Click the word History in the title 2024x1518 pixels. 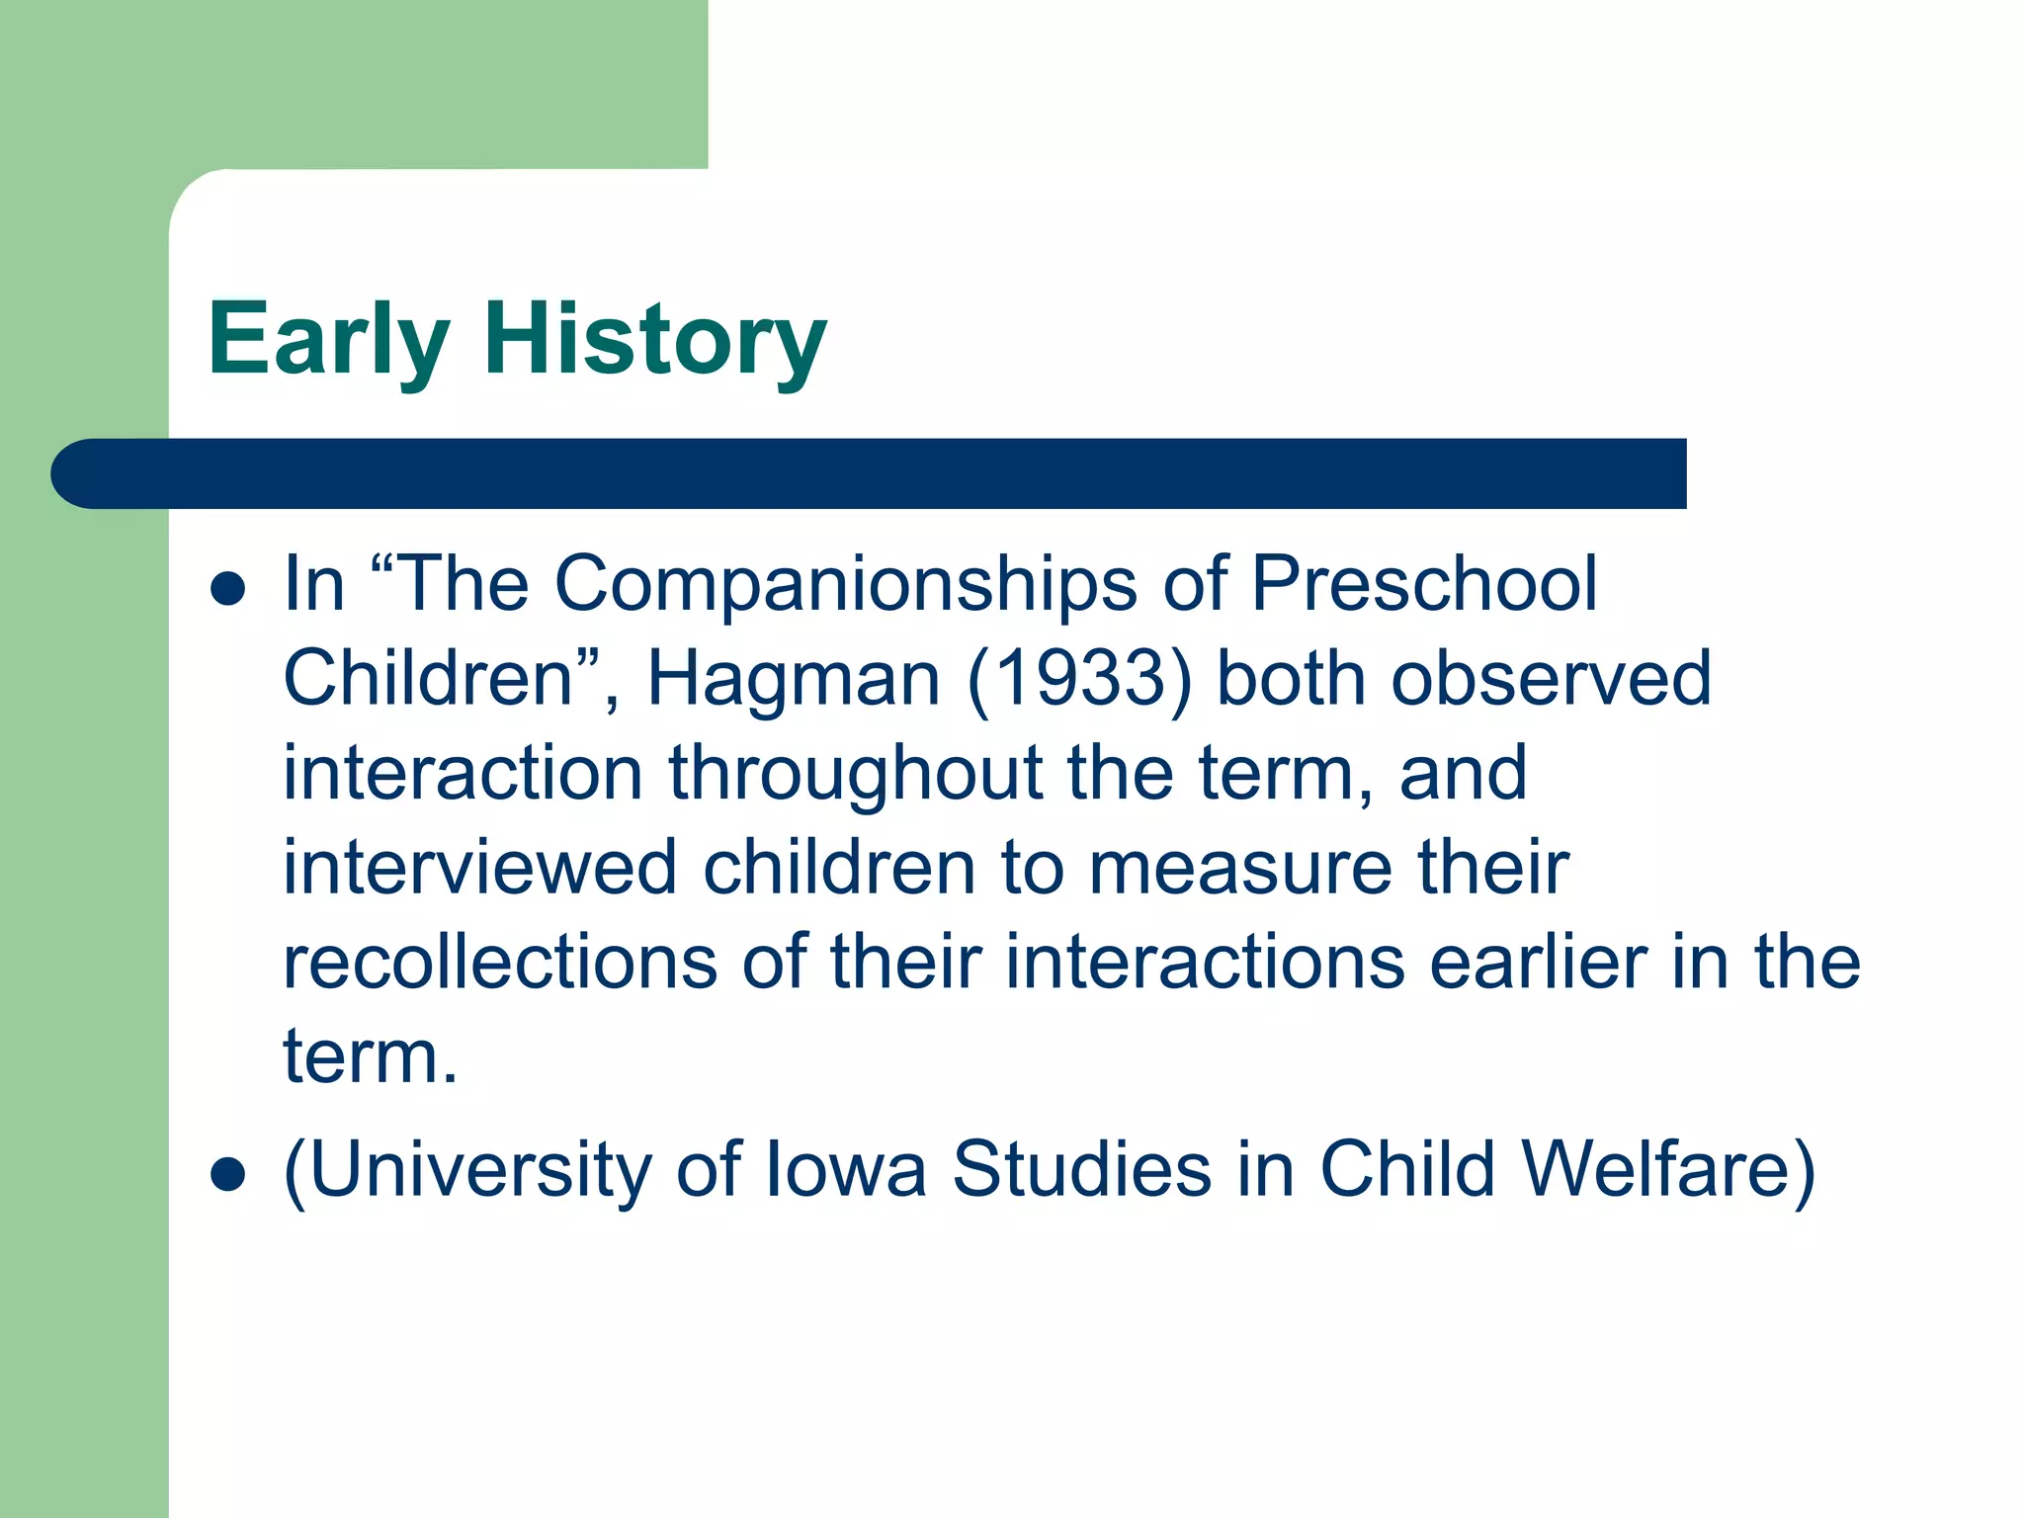click(654, 341)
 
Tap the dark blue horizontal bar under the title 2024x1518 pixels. click(870, 473)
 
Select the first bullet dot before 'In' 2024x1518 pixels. click(228, 589)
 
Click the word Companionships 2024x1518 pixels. click(845, 585)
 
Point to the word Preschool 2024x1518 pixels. click(1424, 585)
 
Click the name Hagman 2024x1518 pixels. click(793, 679)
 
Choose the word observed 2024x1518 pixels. click(1551, 679)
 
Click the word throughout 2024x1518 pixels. click(855, 774)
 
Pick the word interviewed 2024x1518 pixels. click(480, 868)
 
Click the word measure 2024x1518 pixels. click(1240, 868)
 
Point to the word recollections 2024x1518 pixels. click(500, 963)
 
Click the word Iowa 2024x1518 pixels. click(846, 1170)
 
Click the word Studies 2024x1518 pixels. click(1081, 1170)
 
